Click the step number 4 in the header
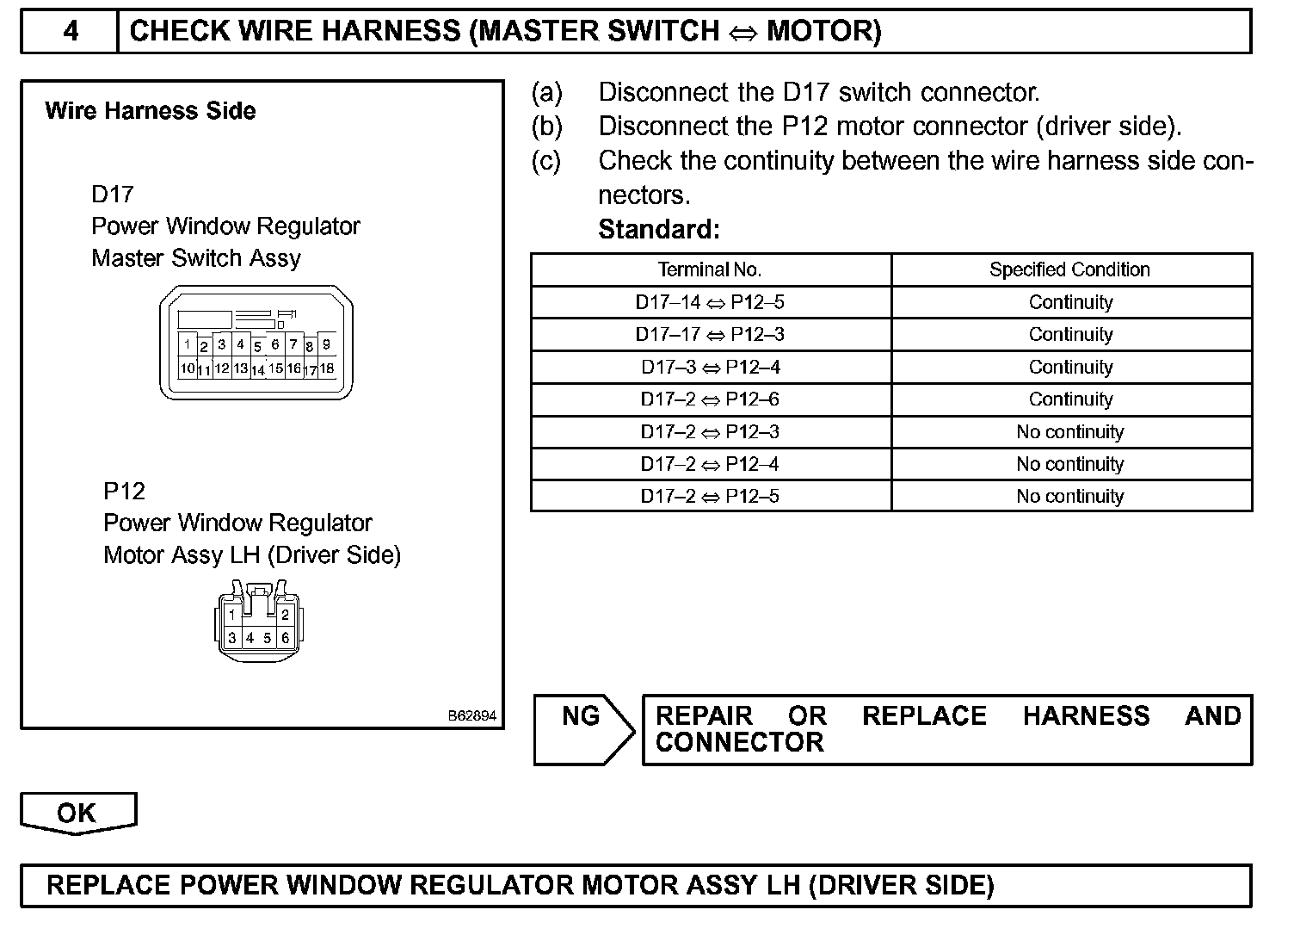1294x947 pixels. pos(71,32)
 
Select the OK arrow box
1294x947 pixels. pos(77,814)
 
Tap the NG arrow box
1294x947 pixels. pos(582,728)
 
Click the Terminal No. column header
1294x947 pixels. pos(710,269)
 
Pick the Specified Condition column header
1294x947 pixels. pos(1069,269)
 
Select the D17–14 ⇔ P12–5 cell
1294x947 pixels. pos(710,302)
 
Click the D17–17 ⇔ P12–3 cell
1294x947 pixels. pos(710,335)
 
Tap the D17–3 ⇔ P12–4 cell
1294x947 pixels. pos(710,367)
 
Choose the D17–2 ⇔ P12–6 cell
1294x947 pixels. pos(710,399)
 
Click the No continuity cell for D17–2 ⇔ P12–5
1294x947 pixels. pos(1069,496)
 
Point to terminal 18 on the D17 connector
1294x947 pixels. pos(327,368)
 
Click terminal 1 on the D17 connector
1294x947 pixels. pos(187,344)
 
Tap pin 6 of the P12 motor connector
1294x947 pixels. pos(286,638)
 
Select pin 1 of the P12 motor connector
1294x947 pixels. pos(231,615)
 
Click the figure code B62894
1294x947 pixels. pos(471,715)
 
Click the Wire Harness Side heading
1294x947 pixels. pos(150,111)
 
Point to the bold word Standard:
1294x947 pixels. pos(658,230)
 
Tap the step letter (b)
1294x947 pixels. pos(547,127)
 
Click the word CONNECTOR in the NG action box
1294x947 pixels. pos(739,743)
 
